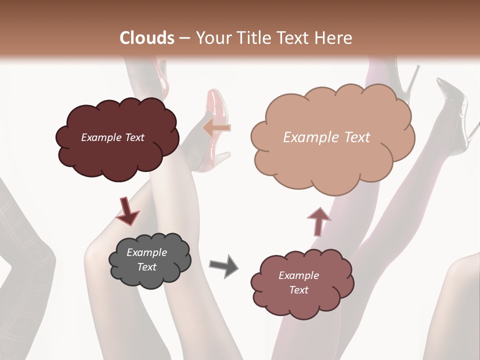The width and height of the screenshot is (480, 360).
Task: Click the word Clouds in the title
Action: tap(147, 38)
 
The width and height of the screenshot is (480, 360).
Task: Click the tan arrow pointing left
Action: tap(216, 128)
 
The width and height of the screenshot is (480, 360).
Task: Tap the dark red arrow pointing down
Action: tap(127, 210)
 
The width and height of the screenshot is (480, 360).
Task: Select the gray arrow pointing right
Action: tap(224, 266)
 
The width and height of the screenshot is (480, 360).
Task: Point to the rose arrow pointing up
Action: tap(318, 220)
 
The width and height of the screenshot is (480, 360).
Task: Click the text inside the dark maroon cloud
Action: tap(112, 137)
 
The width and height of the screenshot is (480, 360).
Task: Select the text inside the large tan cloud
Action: tap(326, 137)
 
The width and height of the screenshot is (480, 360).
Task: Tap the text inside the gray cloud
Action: tap(146, 259)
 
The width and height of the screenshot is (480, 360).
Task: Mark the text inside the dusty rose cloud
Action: tap(298, 282)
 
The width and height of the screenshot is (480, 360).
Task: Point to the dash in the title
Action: tap(184, 38)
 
